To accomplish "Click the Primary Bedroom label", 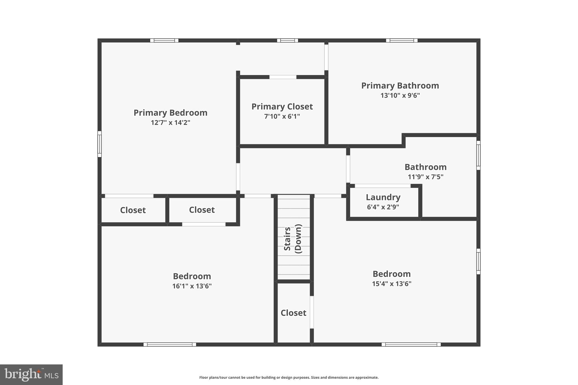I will coord(170,113).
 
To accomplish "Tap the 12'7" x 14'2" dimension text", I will coord(170,123).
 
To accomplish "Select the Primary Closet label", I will coord(282,107).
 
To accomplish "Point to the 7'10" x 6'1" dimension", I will coord(282,116).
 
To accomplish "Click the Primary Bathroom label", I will coord(400,86).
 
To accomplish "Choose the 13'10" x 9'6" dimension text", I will coord(400,96).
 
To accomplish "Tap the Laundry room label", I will coord(383,197).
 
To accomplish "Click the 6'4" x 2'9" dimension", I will coord(383,207).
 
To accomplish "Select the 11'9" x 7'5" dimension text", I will coord(425,177).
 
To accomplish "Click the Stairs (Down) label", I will coord(293,239).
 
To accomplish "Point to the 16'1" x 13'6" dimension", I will coord(192,286).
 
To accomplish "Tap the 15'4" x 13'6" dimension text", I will coord(391,284).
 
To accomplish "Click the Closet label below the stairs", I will coord(293,313).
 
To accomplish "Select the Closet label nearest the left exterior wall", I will coord(133,210).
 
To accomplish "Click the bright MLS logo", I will coord(31,375).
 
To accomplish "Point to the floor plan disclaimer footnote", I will coord(289,377).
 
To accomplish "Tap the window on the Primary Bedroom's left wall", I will coord(99,144).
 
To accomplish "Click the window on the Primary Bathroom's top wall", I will coord(402,40).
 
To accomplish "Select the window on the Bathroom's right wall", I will coord(478,155).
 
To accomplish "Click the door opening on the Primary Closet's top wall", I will coord(283,77).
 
